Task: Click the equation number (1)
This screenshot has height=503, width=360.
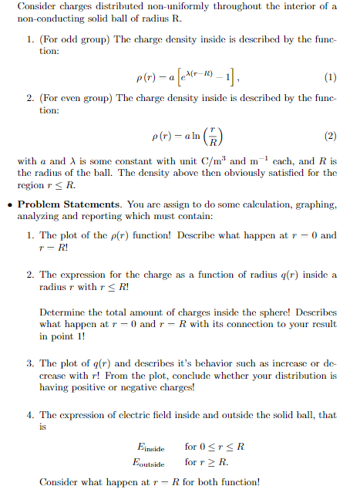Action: [331, 76]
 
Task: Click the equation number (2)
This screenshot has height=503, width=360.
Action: [331, 137]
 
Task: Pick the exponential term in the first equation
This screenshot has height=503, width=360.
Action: [200, 74]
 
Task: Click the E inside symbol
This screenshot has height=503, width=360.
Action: [150, 447]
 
